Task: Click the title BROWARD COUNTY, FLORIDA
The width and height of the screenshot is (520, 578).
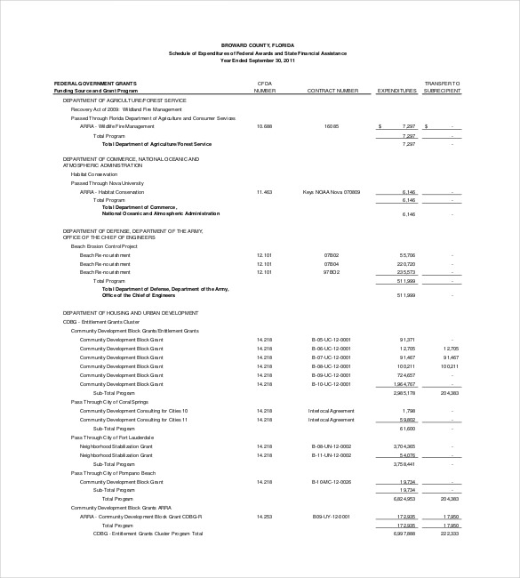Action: click(260, 44)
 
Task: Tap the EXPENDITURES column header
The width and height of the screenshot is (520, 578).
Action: click(396, 91)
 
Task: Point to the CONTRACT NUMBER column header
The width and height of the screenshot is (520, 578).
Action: click(332, 91)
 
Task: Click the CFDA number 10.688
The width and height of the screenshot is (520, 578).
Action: click(264, 127)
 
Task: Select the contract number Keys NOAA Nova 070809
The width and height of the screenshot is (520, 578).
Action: click(332, 192)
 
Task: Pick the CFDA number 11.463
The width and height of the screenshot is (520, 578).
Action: click(264, 192)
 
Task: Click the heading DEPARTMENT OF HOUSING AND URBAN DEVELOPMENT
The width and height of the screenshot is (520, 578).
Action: click(131, 313)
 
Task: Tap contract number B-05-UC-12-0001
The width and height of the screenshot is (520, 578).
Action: click(332, 340)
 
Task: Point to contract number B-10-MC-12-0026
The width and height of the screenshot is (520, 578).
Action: click(332, 481)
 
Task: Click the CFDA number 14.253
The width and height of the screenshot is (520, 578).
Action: click(264, 516)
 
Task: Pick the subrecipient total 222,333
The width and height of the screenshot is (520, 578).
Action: click(449, 534)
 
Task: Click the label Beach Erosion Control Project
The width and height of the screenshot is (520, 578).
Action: click(104, 246)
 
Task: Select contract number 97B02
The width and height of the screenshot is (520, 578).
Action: click(332, 272)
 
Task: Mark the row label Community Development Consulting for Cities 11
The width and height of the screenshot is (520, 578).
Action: click(133, 419)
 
